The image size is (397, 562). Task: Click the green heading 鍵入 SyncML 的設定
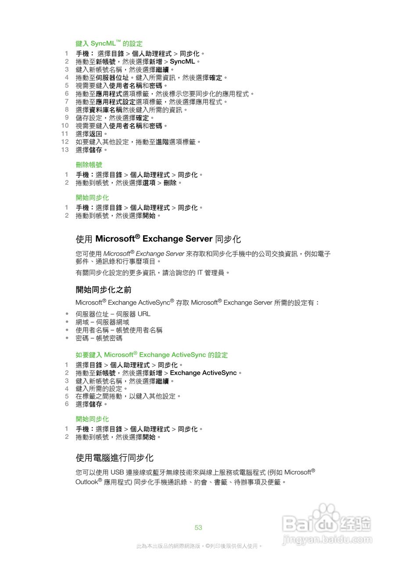pyautogui.click(x=109, y=43)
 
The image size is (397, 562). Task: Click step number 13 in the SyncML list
pyautogui.click(x=65, y=150)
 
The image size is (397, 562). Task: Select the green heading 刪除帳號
pyautogui.click(x=89, y=165)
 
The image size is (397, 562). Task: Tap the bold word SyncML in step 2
pyautogui.click(x=182, y=61)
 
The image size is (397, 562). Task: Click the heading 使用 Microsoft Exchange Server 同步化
pyautogui.click(x=158, y=239)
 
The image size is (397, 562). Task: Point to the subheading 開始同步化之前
pyautogui.click(x=104, y=290)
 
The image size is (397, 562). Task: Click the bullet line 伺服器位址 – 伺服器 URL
pyautogui.click(x=113, y=314)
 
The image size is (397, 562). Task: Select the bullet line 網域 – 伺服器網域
pyautogui.click(x=102, y=322)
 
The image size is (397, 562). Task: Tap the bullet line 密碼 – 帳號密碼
pyautogui.click(x=99, y=338)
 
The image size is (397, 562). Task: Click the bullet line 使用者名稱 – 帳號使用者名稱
pyautogui.click(x=119, y=330)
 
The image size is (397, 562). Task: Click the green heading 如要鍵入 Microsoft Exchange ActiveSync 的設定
pyautogui.click(x=152, y=355)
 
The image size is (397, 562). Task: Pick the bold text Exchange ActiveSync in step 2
pyautogui.click(x=203, y=373)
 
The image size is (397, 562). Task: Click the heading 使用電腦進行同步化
pyautogui.click(x=114, y=458)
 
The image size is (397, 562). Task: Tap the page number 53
pyautogui.click(x=198, y=527)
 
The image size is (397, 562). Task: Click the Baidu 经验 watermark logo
pyautogui.click(x=327, y=522)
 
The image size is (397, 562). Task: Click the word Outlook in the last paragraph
pyautogui.click(x=86, y=482)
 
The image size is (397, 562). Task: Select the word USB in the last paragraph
pyautogui.click(x=117, y=472)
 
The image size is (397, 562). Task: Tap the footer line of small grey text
pyautogui.click(x=199, y=546)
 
